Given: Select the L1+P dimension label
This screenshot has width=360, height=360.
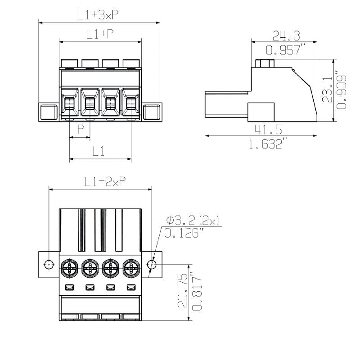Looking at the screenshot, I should click(99, 34).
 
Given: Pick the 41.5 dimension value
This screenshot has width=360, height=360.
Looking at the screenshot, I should click(268, 130).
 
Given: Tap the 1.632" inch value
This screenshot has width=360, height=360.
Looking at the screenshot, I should click(268, 144).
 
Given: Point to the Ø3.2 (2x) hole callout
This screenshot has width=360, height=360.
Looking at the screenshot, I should click(193, 220).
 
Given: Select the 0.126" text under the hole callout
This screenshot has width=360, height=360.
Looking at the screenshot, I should click(184, 233).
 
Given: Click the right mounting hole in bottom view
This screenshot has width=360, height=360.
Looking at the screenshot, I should click(152, 265).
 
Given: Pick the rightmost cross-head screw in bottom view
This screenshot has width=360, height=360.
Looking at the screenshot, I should click(131, 270).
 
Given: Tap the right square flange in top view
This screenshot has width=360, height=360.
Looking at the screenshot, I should click(152, 111).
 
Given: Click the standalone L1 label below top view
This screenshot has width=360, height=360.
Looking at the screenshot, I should click(99, 152).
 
